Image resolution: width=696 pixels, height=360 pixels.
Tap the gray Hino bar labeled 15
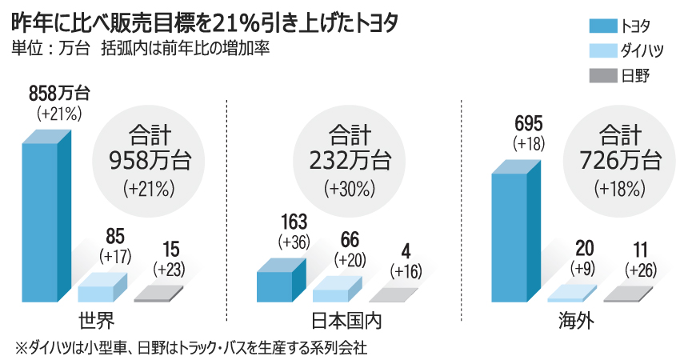pyautogui.click(x=160, y=294)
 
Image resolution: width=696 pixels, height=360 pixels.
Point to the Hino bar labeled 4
pyautogui.click(x=394, y=295)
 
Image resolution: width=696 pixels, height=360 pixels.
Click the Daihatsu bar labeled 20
pyautogui.click(x=571, y=292)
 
